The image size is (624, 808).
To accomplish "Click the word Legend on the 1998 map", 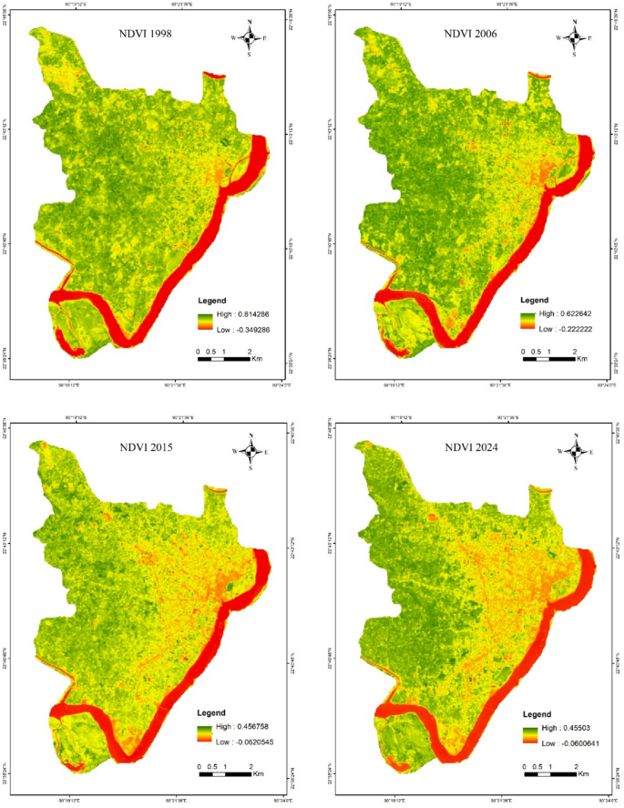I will pyautogui.click(x=212, y=301).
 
